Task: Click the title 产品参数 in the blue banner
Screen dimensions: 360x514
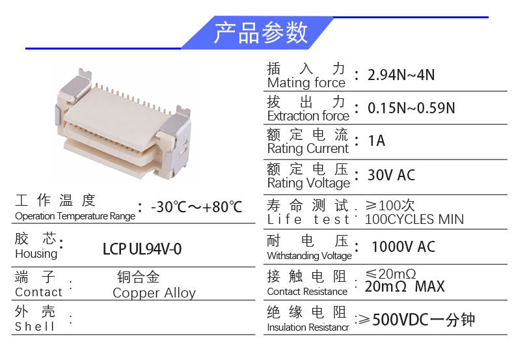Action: (x=260, y=33)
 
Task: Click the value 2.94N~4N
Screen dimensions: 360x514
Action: (x=401, y=75)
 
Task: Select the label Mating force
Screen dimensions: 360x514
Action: (x=306, y=83)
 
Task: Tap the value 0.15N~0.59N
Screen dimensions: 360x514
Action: (x=411, y=107)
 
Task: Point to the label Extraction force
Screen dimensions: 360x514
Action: (x=308, y=116)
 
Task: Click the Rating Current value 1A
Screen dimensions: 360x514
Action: (x=376, y=141)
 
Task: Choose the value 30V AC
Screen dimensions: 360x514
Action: (x=391, y=175)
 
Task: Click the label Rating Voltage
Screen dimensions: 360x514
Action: (x=308, y=183)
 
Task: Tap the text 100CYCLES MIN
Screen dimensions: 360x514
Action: (x=414, y=219)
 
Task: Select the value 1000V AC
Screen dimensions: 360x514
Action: (x=403, y=247)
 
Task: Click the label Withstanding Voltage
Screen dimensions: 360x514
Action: (x=309, y=256)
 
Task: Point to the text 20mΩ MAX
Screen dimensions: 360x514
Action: (x=404, y=287)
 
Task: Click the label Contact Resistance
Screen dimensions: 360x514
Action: (x=307, y=292)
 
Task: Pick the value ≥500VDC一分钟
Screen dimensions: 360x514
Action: (x=416, y=320)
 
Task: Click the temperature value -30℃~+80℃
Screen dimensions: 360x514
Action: (x=196, y=207)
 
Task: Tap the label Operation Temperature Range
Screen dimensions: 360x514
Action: (x=75, y=216)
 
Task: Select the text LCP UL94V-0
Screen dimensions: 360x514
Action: (x=142, y=249)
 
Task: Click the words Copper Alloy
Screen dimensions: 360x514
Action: (x=154, y=293)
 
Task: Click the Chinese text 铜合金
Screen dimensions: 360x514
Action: (x=139, y=277)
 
